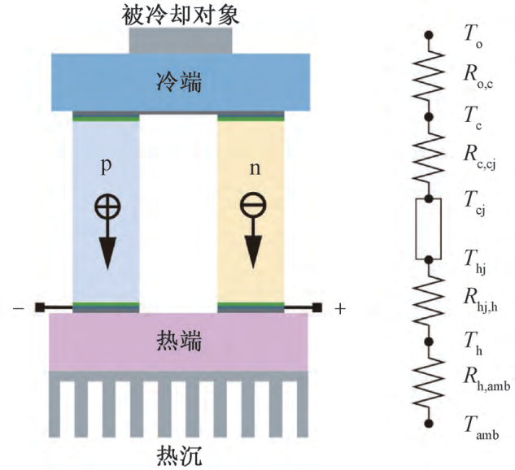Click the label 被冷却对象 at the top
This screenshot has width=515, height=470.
pyautogui.click(x=180, y=13)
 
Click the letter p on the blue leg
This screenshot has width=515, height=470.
pyautogui.click(x=105, y=167)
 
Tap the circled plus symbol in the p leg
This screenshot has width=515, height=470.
pyautogui.click(x=106, y=207)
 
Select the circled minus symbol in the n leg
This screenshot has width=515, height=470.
pyautogui.click(x=251, y=207)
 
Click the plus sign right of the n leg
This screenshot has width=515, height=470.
pyautogui.click(x=340, y=308)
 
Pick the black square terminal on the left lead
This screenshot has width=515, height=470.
pyautogui.click(x=38, y=307)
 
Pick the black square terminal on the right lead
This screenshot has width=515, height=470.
pyautogui.click(x=318, y=307)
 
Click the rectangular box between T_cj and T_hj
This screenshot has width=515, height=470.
pyautogui.click(x=429, y=228)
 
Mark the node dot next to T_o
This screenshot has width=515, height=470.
pyautogui.click(x=429, y=36)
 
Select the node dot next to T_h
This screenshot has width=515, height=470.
pyautogui.click(x=429, y=341)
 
